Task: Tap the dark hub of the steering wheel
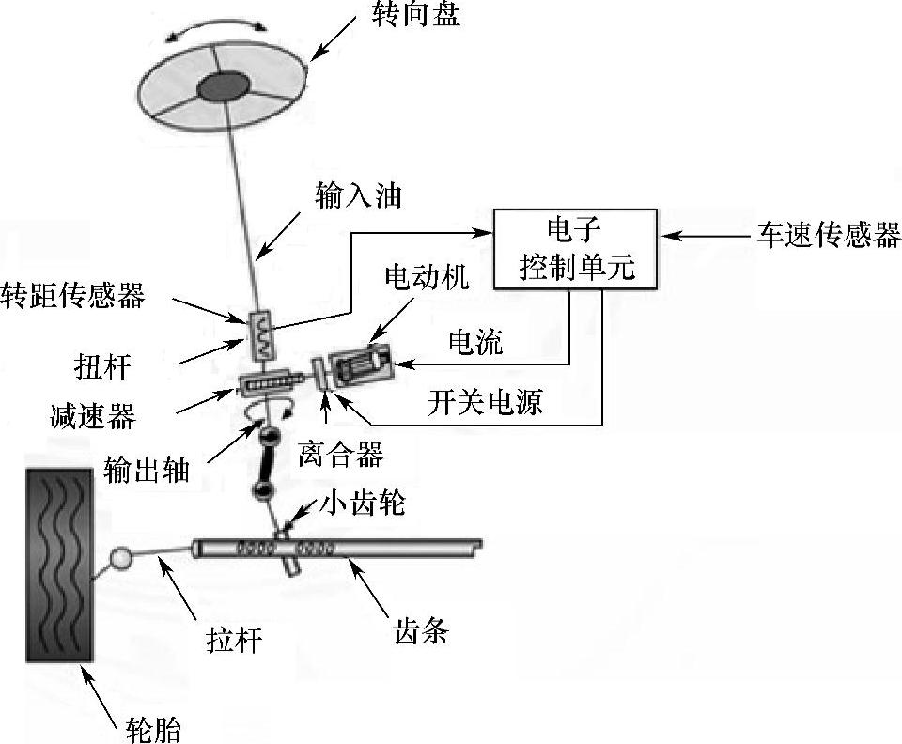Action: [223, 87]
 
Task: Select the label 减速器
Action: [93, 415]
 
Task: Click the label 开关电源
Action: [496, 402]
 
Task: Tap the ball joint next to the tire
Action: [121, 559]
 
